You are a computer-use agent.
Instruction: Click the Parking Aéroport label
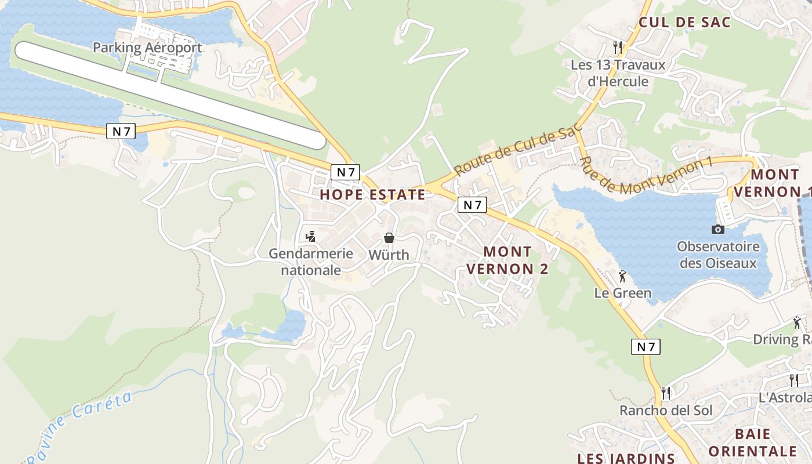pyautogui.click(x=147, y=48)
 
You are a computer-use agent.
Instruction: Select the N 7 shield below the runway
pyautogui.click(x=121, y=132)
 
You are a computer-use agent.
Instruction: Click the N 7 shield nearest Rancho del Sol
pyautogui.click(x=646, y=347)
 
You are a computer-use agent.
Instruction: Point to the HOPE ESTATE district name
pyautogui.click(x=372, y=195)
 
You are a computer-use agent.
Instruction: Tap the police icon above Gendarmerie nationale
pyautogui.click(x=311, y=237)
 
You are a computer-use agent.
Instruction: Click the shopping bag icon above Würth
pyautogui.click(x=389, y=238)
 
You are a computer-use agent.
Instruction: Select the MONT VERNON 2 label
pyautogui.click(x=507, y=260)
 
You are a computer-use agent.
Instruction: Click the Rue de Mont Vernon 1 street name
pyautogui.click(x=645, y=176)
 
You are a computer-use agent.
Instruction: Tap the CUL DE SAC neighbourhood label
pyautogui.click(x=684, y=23)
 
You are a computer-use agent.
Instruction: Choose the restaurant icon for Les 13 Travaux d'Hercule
pyautogui.click(x=618, y=47)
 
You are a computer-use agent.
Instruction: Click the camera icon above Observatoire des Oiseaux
pyautogui.click(x=718, y=229)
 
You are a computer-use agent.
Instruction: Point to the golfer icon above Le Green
pyautogui.click(x=622, y=276)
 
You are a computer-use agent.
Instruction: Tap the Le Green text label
pyautogui.click(x=623, y=293)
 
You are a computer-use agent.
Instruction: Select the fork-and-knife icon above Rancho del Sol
pyautogui.click(x=665, y=393)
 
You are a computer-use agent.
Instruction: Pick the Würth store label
pyautogui.click(x=389, y=255)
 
